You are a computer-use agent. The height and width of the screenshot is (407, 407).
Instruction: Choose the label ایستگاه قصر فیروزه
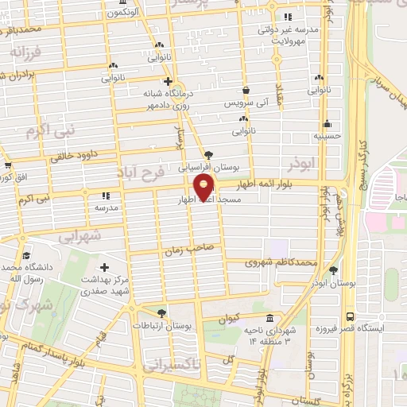tap(370, 327)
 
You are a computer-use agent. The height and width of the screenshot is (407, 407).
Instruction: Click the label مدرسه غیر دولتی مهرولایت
tap(287, 33)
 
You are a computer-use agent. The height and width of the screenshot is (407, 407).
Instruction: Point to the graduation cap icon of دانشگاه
tap(26, 255)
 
